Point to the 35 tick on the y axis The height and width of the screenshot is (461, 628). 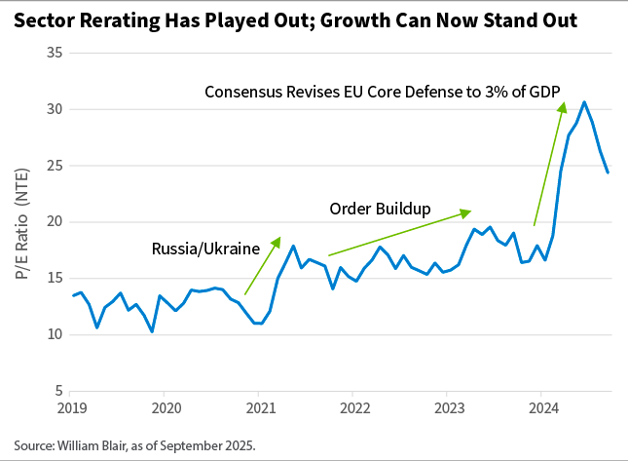55,53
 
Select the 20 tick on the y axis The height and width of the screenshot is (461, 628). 55,221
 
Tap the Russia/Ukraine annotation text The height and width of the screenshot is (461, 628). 205,249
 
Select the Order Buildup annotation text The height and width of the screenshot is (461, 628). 380,209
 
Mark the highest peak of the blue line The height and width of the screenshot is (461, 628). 584,102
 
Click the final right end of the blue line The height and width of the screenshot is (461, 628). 609,173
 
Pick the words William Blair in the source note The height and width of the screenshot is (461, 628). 95,444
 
